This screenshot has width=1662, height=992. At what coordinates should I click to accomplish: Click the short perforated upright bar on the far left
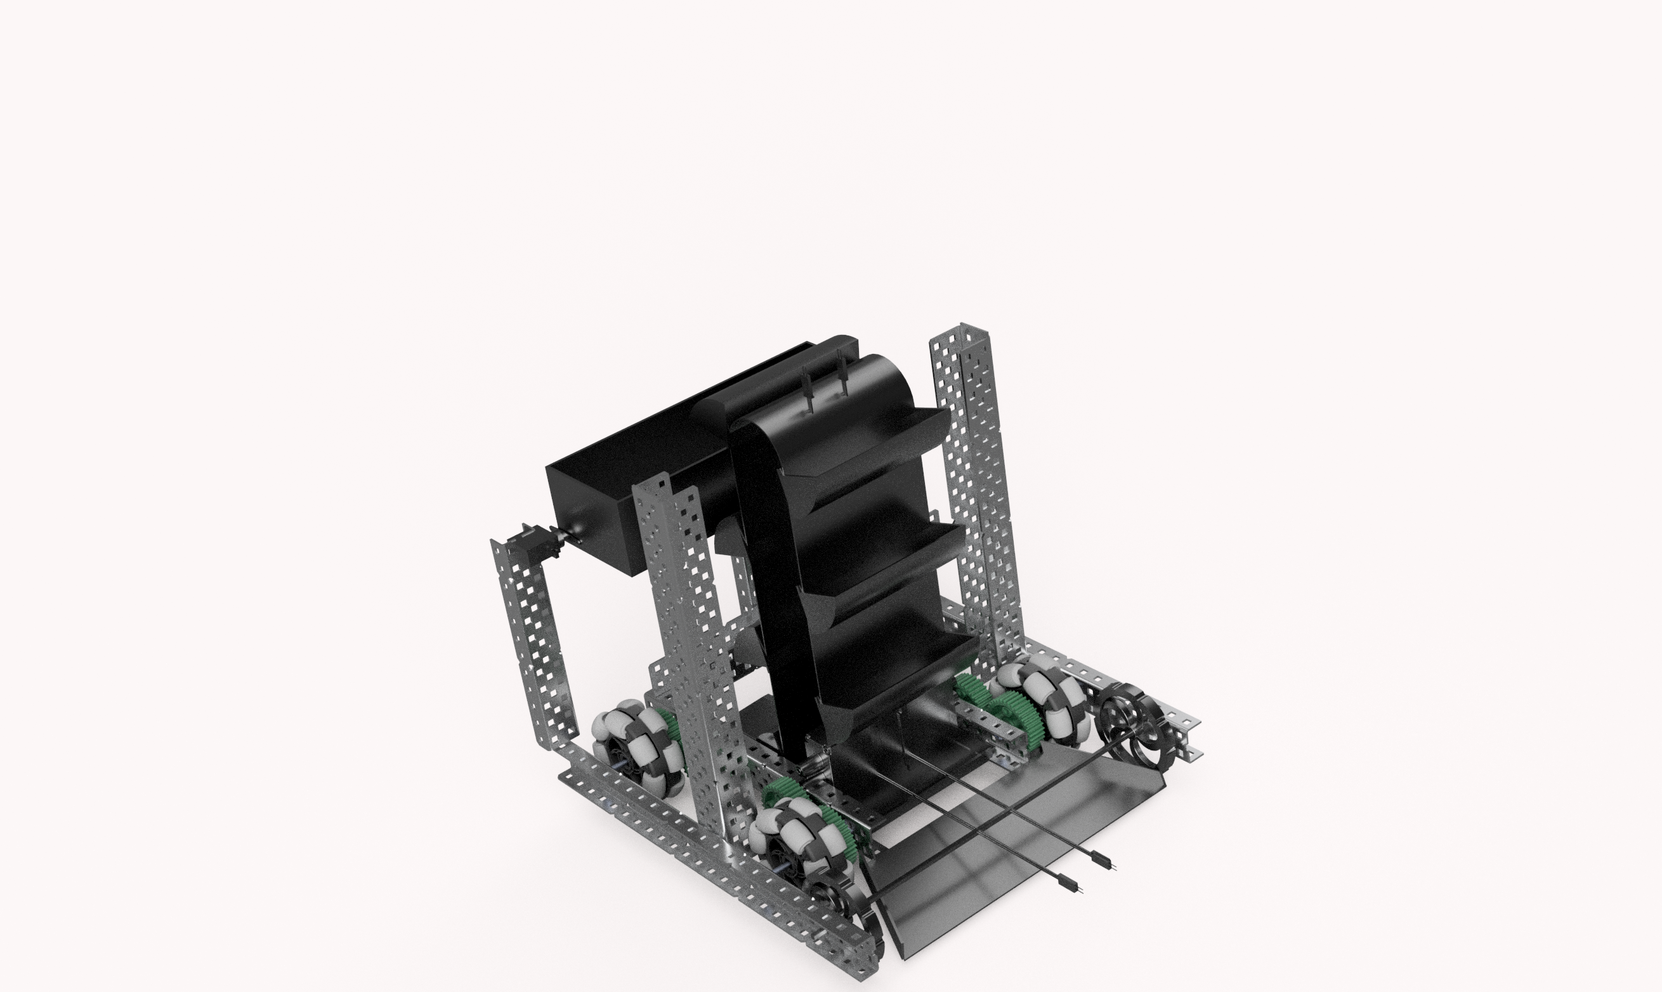[x=535, y=642]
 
